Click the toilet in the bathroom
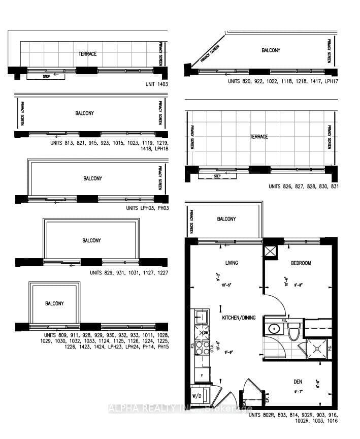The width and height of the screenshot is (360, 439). coord(292,331)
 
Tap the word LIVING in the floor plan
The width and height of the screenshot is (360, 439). coord(232,263)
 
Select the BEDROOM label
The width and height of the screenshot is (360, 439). coord(301,263)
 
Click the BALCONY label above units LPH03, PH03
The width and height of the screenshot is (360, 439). coord(92,178)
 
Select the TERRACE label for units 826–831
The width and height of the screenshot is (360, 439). coord(258,137)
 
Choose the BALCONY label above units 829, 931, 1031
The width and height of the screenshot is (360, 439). coord(92,240)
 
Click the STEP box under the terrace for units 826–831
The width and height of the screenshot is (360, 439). coord(217,176)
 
